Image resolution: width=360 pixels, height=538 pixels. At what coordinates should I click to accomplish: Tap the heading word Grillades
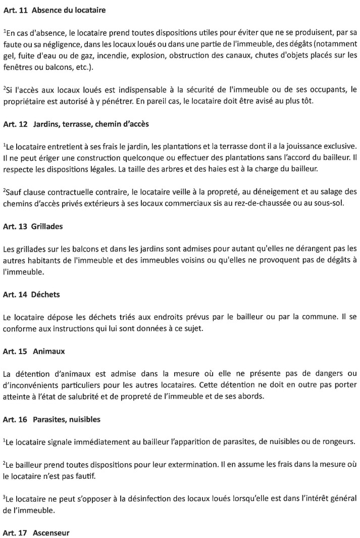pyautogui.click(x=48, y=226)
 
